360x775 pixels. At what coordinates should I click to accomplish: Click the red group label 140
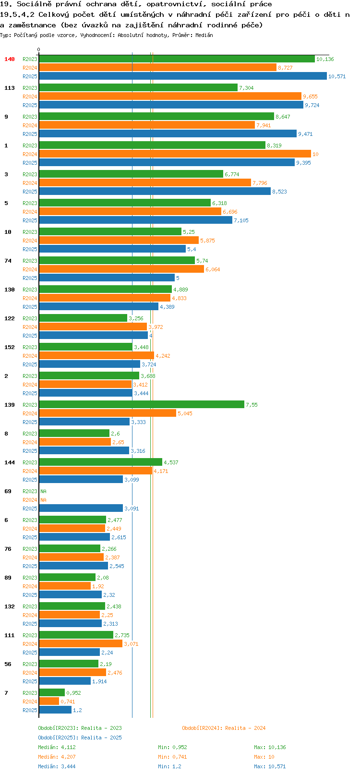tap(9, 59)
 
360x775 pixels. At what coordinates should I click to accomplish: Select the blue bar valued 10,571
tap(183, 76)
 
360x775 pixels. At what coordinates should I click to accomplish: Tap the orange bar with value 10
tap(175, 154)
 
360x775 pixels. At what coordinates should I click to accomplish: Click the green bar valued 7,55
tap(142, 404)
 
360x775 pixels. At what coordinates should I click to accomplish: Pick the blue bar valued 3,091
tap(81, 508)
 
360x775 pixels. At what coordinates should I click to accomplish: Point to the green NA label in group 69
tap(43, 491)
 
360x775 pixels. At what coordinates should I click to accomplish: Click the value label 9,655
tap(310, 97)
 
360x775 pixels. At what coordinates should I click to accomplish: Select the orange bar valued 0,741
tap(49, 702)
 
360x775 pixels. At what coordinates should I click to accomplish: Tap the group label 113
tap(9, 88)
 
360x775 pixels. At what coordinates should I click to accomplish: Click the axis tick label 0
tap(38, 49)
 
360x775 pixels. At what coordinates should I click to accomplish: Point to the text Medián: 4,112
tap(57, 747)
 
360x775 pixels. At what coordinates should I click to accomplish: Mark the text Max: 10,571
tap(270, 766)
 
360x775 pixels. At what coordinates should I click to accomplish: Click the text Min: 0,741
tap(172, 757)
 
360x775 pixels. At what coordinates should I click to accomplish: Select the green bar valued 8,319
tap(152, 145)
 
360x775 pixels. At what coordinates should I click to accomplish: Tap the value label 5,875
tap(207, 241)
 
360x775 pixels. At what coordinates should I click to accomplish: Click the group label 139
tap(9, 405)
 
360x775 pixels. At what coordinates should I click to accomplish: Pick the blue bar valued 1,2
tap(55, 710)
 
